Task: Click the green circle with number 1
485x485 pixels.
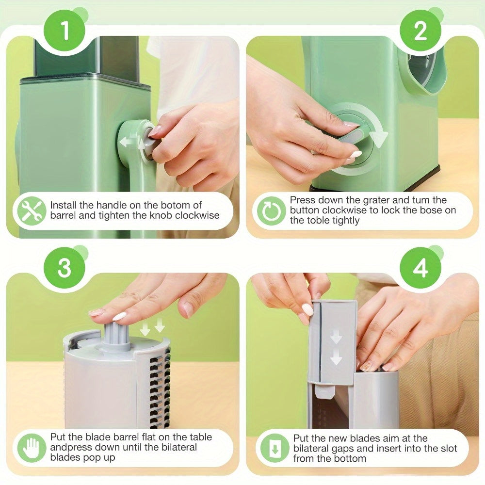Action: [65, 31]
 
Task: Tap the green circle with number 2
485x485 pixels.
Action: [420, 31]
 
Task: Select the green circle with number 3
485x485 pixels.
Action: [65, 268]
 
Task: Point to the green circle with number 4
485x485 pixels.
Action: [420, 268]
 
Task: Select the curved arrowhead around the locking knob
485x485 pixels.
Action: [379, 138]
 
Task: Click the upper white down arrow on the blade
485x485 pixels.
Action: [336, 338]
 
